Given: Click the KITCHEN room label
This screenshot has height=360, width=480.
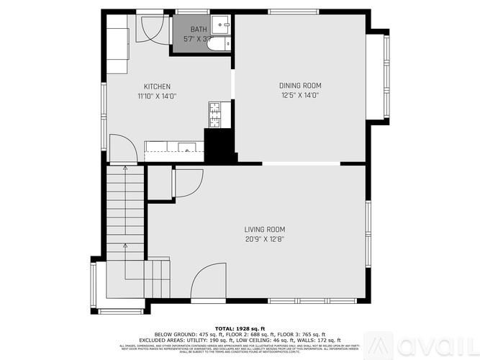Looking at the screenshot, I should click(157, 86).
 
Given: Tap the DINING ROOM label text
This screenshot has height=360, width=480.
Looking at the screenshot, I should click(299, 86).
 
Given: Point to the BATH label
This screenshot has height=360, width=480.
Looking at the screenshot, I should click(198, 30).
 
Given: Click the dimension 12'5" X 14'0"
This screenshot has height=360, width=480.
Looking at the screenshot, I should click(299, 95).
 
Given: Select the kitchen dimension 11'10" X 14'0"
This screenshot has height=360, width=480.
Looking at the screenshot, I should click(157, 95).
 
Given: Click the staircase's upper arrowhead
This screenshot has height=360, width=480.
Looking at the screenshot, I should click(125, 168).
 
